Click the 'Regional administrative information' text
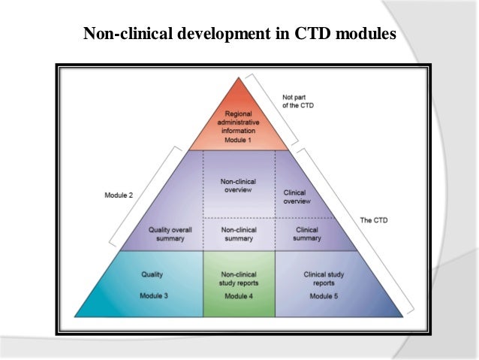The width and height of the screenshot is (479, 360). click(x=239, y=123)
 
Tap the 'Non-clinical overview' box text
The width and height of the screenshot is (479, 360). click(x=239, y=185)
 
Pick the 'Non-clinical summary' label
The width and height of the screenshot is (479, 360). click(x=239, y=234)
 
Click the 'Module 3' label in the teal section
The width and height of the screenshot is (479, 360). click(x=153, y=295)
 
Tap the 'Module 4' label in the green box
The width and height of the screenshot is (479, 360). click(x=239, y=296)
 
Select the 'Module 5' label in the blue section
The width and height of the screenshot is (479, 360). click(x=324, y=296)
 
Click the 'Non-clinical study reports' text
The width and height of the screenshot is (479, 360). click(x=239, y=279)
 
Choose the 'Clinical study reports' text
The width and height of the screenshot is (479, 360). click(x=324, y=279)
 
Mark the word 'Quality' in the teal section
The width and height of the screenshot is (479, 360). click(x=153, y=274)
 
